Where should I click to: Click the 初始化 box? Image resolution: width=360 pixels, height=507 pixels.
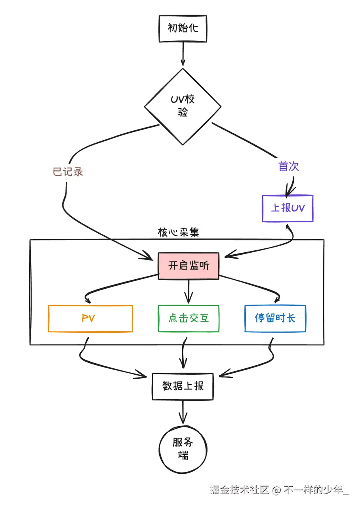(183, 29)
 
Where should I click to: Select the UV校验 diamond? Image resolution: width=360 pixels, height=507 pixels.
(183, 107)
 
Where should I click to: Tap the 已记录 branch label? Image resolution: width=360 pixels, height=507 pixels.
(68, 172)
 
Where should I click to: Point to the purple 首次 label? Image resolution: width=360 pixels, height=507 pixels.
(288, 166)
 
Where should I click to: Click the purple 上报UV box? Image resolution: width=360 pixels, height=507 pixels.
(288, 208)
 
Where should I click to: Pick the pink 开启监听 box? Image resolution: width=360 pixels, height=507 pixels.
(189, 265)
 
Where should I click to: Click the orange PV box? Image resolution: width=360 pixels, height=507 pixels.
(90, 318)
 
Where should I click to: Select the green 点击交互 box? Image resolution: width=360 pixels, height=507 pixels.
(189, 318)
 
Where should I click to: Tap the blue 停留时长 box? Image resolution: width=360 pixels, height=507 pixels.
(275, 318)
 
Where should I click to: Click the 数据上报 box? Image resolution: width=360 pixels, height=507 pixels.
(183, 386)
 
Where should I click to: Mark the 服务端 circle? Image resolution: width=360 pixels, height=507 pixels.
(183, 449)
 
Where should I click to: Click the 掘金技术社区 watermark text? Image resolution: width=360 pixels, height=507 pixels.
(240, 490)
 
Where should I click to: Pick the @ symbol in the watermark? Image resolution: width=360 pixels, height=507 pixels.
(276, 490)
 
